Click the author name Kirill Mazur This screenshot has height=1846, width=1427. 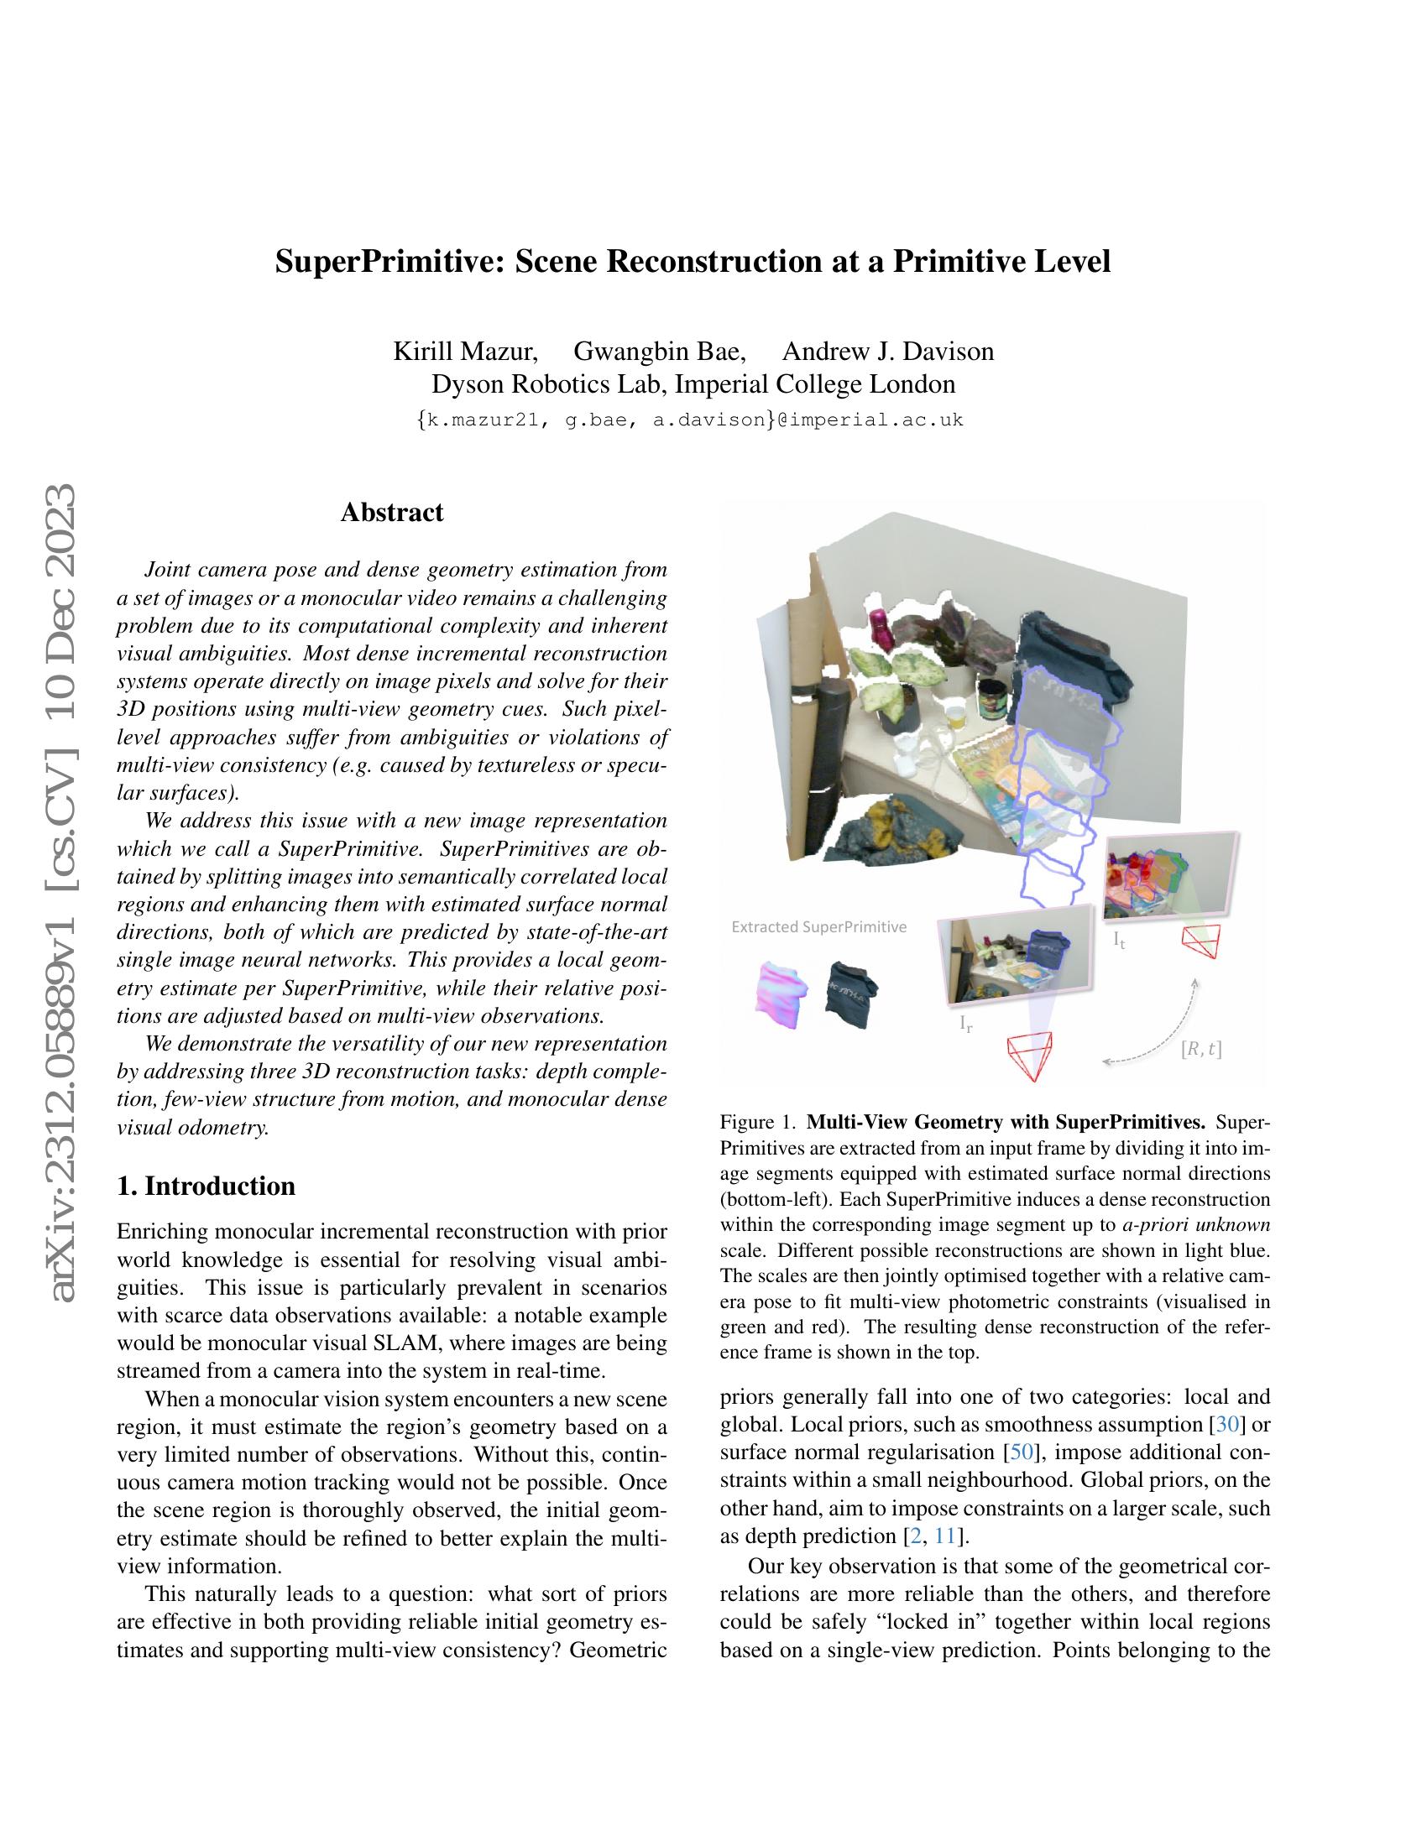(x=465, y=351)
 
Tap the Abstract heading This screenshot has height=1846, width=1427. (x=391, y=512)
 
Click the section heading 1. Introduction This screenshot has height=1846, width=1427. (x=206, y=1186)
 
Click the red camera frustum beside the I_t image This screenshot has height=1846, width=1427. (x=1201, y=941)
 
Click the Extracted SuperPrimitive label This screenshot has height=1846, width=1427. (x=818, y=927)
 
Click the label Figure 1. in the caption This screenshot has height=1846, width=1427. (x=757, y=1124)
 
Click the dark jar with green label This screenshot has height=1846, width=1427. (x=989, y=699)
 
